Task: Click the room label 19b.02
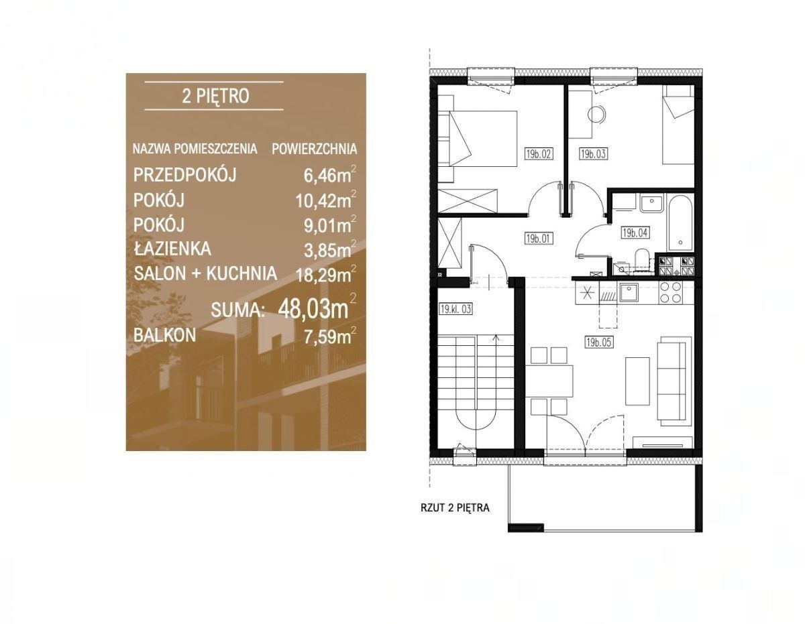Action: [539, 153]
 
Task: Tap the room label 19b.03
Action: [593, 153]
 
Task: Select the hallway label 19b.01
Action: [539, 239]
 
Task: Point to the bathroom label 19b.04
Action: [635, 233]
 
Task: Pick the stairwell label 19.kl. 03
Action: [455, 309]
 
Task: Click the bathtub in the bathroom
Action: [679, 223]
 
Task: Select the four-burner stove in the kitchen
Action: [672, 292]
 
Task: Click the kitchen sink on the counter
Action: [629, 293]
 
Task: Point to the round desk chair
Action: [597, 114]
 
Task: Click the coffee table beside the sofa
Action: [637, 381]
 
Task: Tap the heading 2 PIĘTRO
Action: [215, 97]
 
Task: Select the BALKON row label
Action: [164, 335]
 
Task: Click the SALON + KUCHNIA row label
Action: [205, 274]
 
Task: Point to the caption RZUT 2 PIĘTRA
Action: [455, 508]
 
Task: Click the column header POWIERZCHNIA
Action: [314, 149]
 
